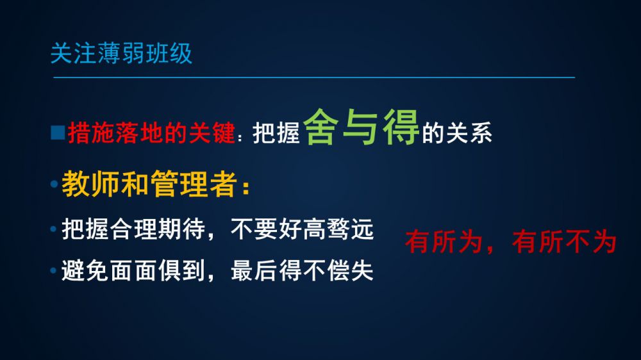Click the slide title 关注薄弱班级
[121, 53]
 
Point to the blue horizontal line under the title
[314, 77]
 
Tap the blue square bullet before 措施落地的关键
[58, 133]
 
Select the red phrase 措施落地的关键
[152, 133]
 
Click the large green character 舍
[321, 127]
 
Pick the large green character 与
[360, 127]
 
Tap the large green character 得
[401, 127]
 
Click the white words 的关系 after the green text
[457, 133]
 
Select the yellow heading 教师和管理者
[149, 184]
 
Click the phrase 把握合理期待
[133, 229]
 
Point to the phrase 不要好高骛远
[302, 229]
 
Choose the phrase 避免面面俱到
[133, 270]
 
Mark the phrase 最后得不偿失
[302, 270]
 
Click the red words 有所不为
[564, 241]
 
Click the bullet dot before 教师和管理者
[54, 184]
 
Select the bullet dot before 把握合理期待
[53, 229]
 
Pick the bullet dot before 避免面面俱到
[53, 270]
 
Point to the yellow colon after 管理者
[246, 188]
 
